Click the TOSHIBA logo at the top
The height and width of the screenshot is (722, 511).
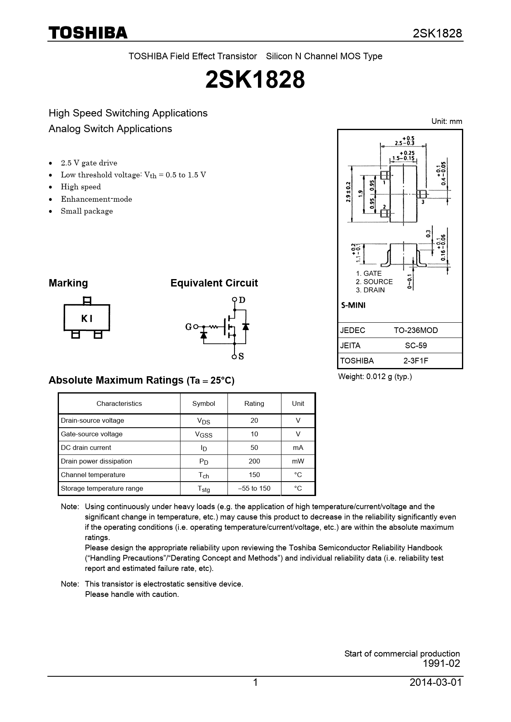[x=88, y=33]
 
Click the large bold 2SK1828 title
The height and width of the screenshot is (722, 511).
[x=255, y=79]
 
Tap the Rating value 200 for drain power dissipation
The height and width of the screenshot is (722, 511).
[x=254, y=461]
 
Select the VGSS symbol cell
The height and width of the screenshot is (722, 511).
[x=204, y=434]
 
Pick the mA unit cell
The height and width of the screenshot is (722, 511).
[x=298, y=448]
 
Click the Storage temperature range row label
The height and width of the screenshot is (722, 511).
[x=102, y=489]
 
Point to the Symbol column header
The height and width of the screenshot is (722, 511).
[x=204, y=404]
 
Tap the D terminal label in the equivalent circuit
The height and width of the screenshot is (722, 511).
[x=242, y=300]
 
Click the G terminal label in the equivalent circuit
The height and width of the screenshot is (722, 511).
[x=188, y=327]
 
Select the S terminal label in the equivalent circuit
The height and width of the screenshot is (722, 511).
[x=241, y=356]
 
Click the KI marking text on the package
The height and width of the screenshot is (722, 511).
[x=87, y=318]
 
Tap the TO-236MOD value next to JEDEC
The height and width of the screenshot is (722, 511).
[x=415, y=331]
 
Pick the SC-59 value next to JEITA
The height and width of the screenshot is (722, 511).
[x=415, y=346]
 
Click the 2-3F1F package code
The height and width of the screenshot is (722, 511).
[x=415, y=361]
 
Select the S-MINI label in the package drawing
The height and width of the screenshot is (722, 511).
[x=353, y=305]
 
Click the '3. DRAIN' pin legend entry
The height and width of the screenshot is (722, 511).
[x=370, y=290]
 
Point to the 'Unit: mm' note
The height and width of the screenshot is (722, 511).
[x=446, y=121]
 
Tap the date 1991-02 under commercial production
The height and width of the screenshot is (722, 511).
[x=441, y=664]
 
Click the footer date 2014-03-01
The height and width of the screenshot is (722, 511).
[x=436, y=683]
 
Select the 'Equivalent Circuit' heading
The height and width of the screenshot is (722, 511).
[x=214, y=283]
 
